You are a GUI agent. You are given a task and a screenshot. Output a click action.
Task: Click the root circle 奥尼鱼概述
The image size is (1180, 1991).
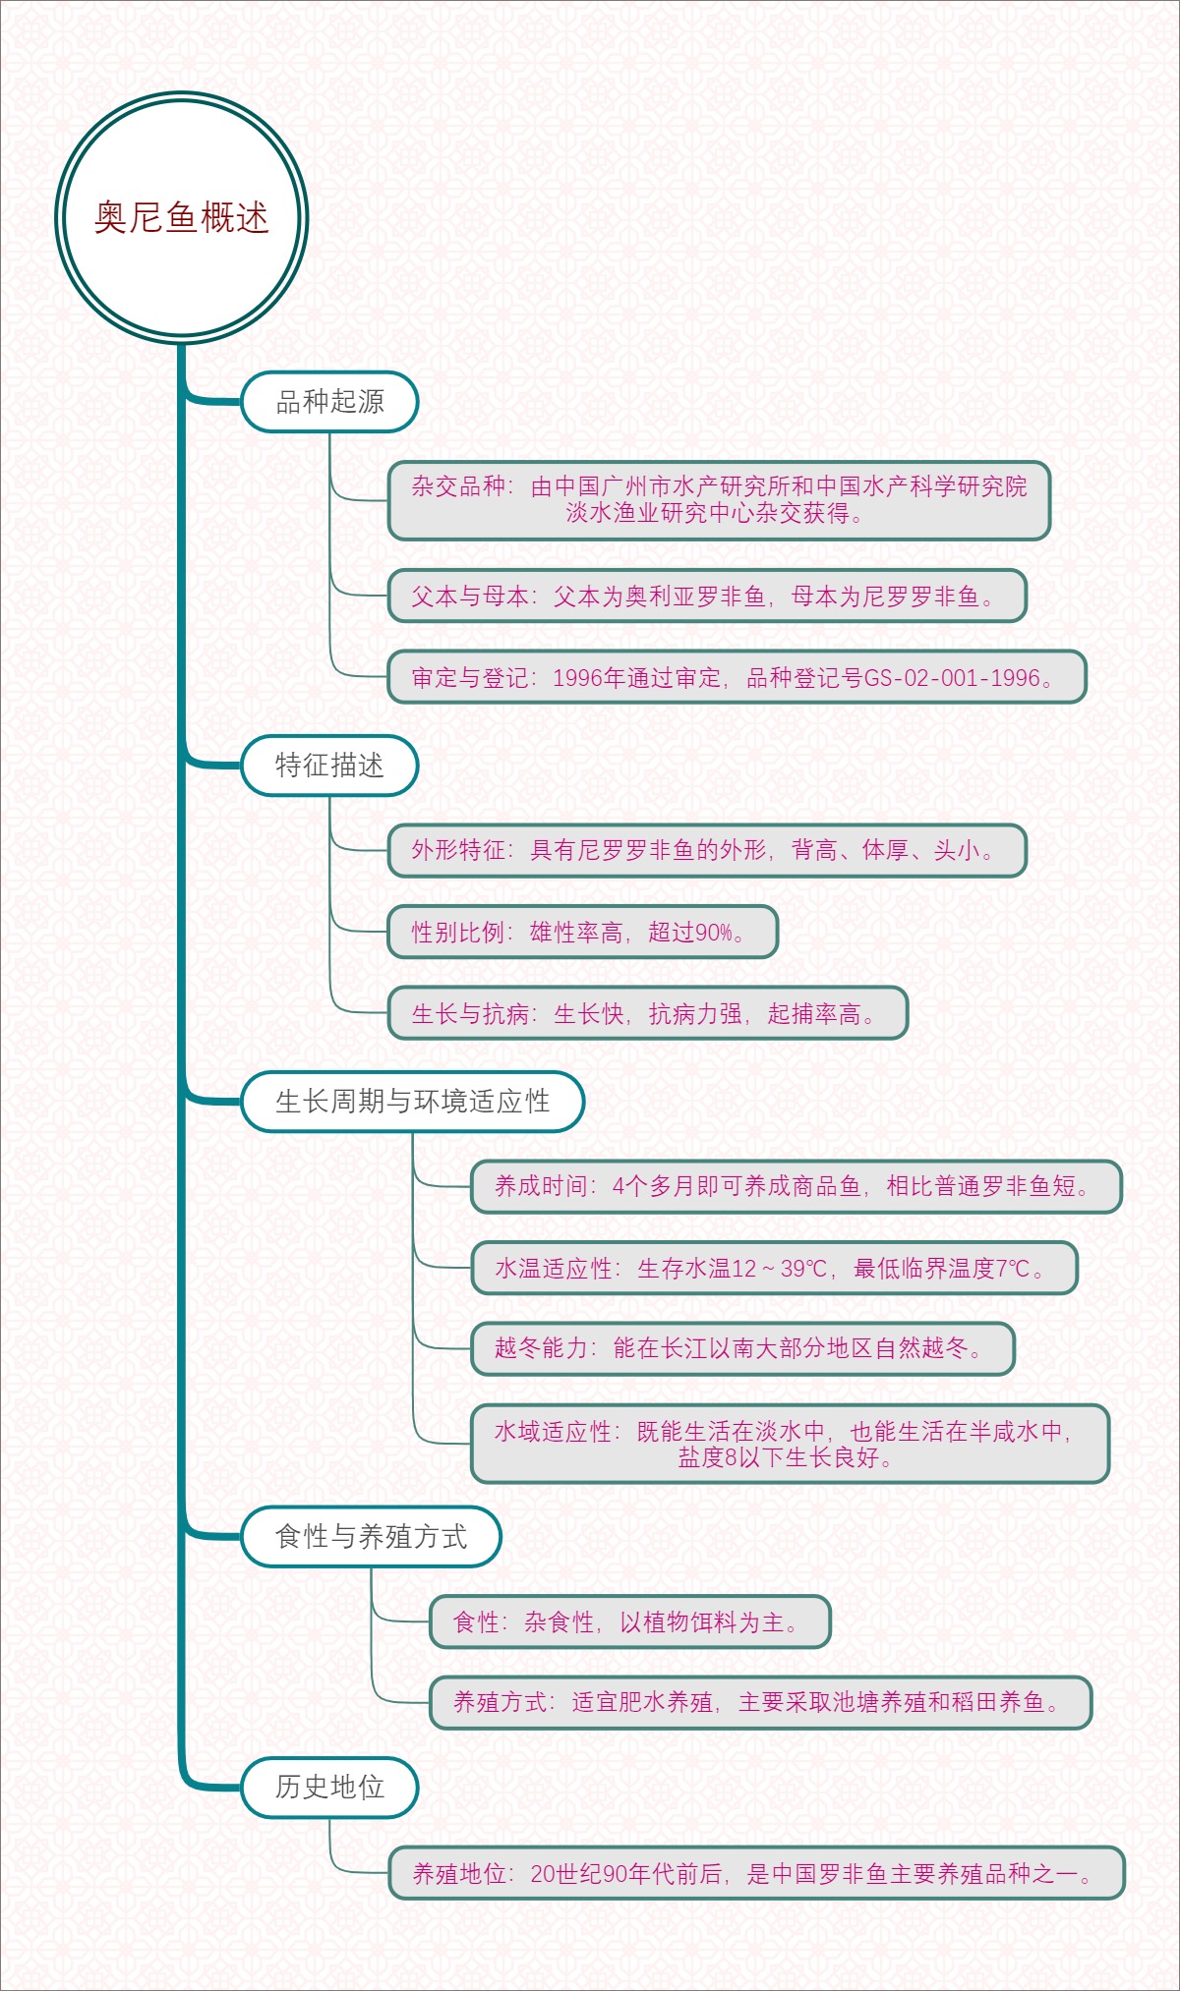(x=182, y=217)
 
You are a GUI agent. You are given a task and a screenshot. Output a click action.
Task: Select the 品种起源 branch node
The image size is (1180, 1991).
(x=329, y=402)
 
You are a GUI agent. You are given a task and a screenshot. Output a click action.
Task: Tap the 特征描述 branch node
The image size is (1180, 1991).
(x=329, y=766)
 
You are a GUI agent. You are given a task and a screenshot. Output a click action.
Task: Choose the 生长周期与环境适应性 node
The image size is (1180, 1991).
(x=412, y=1102)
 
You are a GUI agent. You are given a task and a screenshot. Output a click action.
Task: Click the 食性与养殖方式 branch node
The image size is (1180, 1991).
(x=371, y=1536)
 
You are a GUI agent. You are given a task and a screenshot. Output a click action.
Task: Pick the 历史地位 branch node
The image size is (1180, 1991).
(x=329, y=1787)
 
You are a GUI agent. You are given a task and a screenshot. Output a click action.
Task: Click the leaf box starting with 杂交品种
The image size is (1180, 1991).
(x=719, y=499)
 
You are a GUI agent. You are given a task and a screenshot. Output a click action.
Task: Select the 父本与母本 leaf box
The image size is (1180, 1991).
(x=707, y=597)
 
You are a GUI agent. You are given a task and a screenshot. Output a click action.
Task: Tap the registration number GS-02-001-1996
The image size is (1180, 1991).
(x=951, y=678)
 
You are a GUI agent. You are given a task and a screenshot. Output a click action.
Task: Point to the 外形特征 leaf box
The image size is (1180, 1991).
(x=707, y=850)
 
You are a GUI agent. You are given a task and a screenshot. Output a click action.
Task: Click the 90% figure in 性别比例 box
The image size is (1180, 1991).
(x=714, y=932)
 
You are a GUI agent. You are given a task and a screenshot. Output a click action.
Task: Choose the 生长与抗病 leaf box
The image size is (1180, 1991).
(x=647, y=1013)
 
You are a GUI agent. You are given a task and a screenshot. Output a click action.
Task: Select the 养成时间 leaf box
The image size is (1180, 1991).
(x=796, y=1186)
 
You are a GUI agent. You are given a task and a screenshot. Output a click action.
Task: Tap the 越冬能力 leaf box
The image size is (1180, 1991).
(x=742, y=1348)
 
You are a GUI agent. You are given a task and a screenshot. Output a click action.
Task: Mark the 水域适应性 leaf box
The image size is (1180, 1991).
(x=790, y=1444)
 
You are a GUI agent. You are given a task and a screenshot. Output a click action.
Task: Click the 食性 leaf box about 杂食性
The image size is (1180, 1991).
(x=629, y=1621)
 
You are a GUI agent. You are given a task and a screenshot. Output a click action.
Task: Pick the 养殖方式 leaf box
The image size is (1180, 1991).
(x=760, y=1702)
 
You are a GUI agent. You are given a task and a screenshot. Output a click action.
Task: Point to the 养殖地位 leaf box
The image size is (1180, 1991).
(x=755, y=1873)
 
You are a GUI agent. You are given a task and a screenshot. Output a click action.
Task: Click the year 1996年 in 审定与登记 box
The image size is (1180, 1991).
(x=587, y=678)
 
